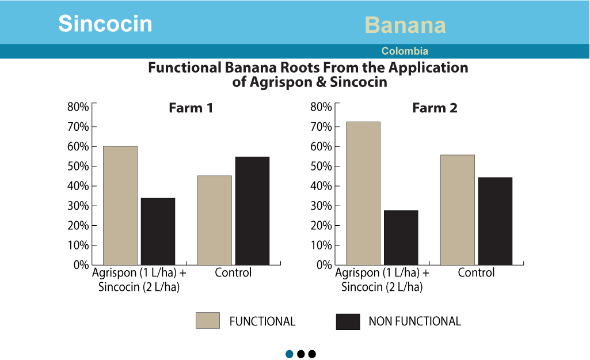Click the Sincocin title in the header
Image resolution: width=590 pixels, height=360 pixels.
[105, 24]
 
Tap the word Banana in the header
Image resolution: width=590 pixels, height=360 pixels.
[405, 25]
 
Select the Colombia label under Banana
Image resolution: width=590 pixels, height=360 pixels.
[405, 51]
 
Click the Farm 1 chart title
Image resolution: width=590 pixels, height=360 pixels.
[191, 108]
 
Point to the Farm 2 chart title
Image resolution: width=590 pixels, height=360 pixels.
[435, 108]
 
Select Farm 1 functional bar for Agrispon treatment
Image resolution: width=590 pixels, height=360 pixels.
[120, 206]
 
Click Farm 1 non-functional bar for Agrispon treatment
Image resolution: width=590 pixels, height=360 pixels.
[158, 232]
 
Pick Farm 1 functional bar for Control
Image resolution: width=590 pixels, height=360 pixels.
[215, 220]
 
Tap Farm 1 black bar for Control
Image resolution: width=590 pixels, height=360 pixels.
[253, 211]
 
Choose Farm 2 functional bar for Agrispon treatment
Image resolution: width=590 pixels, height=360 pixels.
[363, 194]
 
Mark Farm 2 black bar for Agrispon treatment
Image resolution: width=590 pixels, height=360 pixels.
[401, 238]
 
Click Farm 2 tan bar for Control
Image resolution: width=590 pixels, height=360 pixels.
[458, 210]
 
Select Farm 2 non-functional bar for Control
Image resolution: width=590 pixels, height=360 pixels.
[495, 221]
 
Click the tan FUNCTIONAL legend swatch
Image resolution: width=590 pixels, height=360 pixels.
[208, 320]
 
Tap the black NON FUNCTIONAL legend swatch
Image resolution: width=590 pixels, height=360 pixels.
[348, 321]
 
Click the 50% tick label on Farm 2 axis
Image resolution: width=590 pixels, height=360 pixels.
[321, 166]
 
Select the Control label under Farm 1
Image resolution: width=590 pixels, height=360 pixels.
[233, 272]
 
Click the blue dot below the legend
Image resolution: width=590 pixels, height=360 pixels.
[290, 354]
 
